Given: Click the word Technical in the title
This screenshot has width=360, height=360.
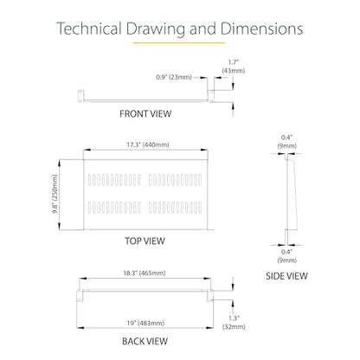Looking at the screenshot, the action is pyautogui.click(x=89, y=29).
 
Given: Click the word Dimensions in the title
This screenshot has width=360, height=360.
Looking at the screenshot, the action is pyautogui.click(x=262, y=29).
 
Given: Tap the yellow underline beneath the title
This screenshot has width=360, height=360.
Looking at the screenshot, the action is pyautogui.click(x=179, y=42).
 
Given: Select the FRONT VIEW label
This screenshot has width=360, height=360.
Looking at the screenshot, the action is pyautogui.click(x=145, y=114).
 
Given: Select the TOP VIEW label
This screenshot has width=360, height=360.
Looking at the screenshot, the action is pyautogui.click(x=145, y=241).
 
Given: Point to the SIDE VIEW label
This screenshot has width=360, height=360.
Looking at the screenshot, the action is pyautogui.click(x=286, y=276).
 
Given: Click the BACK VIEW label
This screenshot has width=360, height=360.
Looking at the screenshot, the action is pyautogui.click(x=145, y=342).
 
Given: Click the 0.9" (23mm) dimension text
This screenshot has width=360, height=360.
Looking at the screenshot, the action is pyautogui.click(x=174, y=77).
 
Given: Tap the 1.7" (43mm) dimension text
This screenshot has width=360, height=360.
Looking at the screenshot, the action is pyautogui.click(x=234, y=67).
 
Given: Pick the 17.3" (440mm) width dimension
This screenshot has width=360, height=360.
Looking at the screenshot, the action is pyautogui.click(x=148, y=145).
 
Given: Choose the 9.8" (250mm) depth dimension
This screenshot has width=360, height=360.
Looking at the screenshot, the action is pyautogui.click(x=55, y=194).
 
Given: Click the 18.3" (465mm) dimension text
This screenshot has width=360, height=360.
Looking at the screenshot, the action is pyautogui.click(x=145, y=273).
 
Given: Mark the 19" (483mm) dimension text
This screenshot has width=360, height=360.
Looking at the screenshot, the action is pyautogui.click(x=145, y=323).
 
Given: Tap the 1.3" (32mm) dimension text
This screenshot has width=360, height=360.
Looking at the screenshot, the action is pyautogui.click(x=234, y=323).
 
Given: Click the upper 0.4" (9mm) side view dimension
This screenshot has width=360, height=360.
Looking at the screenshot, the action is pyautogui.click(x=287, y=142).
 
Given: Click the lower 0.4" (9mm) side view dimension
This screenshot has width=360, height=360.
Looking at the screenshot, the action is pyautogui.click(x=287, y=256).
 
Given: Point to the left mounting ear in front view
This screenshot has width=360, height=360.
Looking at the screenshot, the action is pyautogui.click(x=80, y=95).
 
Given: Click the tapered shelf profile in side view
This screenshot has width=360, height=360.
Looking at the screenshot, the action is pyautogui.click(x=292, y=195).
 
